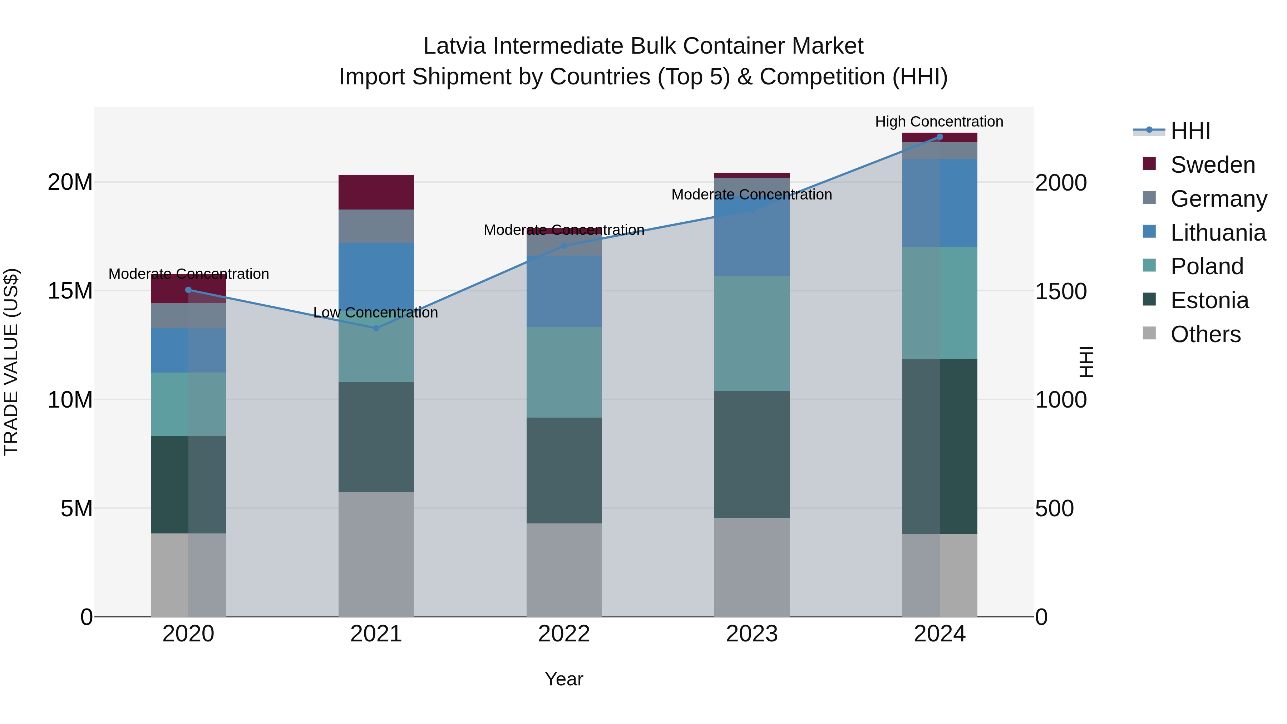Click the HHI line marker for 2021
376,328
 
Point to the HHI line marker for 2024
940,137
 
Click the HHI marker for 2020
188,290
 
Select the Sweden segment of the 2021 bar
376,192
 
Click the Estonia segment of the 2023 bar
752,455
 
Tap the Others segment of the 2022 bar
564,570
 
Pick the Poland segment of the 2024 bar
940,303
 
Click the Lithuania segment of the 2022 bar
564,291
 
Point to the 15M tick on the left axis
70,291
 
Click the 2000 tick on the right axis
1061,183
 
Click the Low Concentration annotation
376,313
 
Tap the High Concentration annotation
939,122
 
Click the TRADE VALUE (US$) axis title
11,362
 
